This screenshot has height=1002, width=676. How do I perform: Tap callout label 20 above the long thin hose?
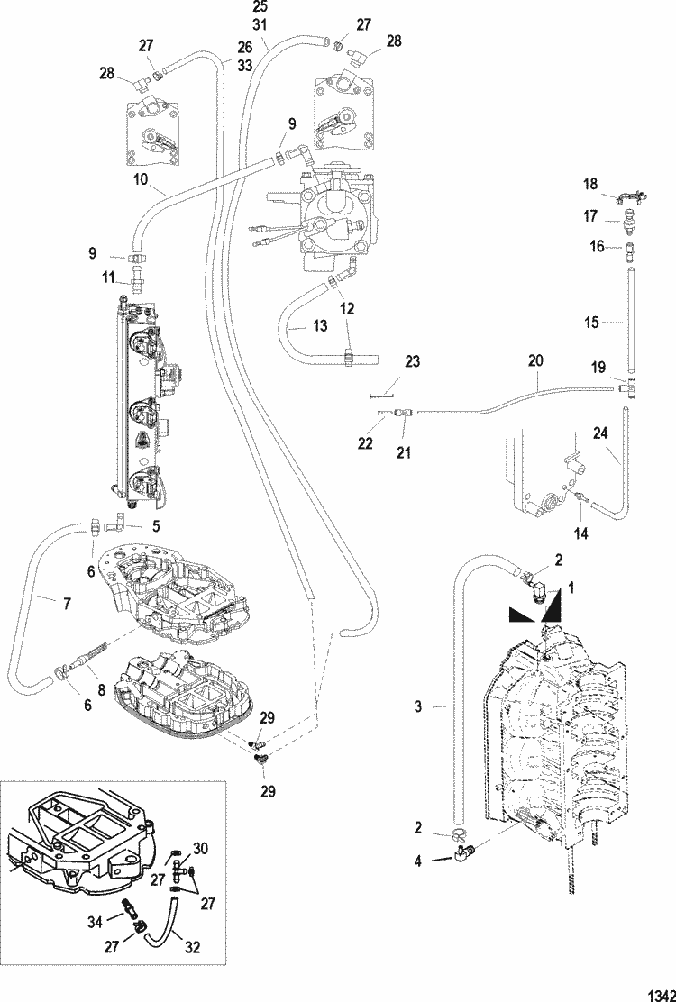coord(535,359)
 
